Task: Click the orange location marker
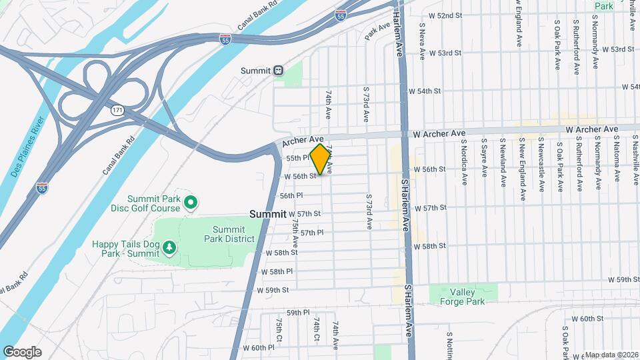[321, 159]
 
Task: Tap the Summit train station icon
[279, 70]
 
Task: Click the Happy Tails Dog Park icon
[170, 248]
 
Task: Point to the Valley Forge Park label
[462, 296]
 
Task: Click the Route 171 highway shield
[117, 109]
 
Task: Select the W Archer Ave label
[439, 134]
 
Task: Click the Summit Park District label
[229, 234]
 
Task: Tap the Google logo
[22, 351]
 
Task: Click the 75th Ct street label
[279, 331]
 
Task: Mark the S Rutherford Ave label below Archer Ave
[578, 163]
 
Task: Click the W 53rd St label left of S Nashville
[617, 49]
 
